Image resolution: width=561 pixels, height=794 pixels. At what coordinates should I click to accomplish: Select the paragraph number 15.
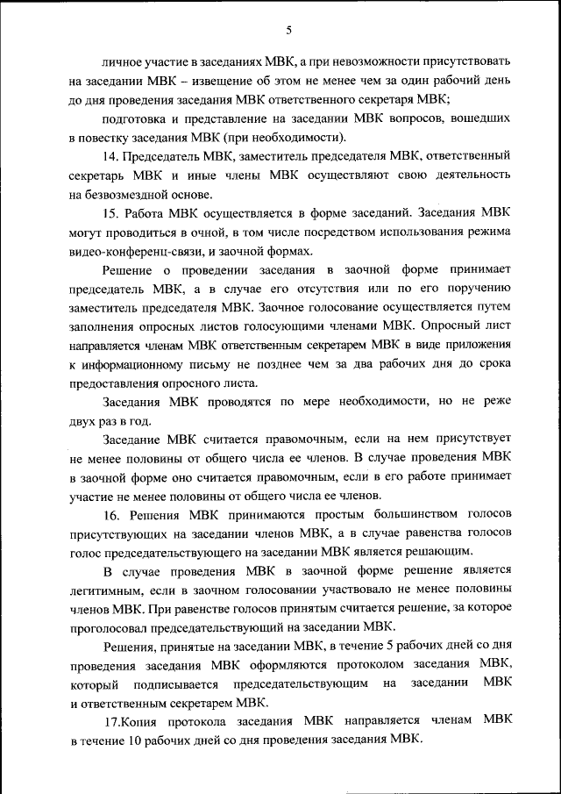point(110,212)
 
